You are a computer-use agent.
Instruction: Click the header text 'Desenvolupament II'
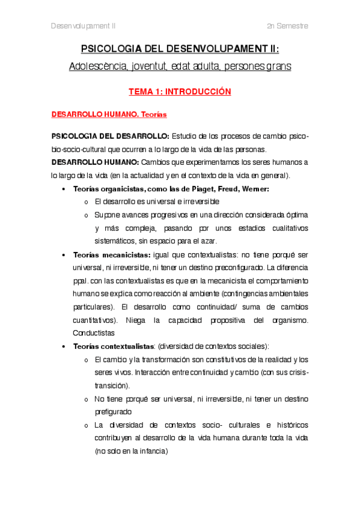coord(83,26)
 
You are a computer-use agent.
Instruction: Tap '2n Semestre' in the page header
coord(288,26)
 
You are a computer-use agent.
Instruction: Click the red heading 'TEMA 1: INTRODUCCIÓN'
coord(180,92)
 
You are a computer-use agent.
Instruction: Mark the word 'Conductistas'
coord(94,333)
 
